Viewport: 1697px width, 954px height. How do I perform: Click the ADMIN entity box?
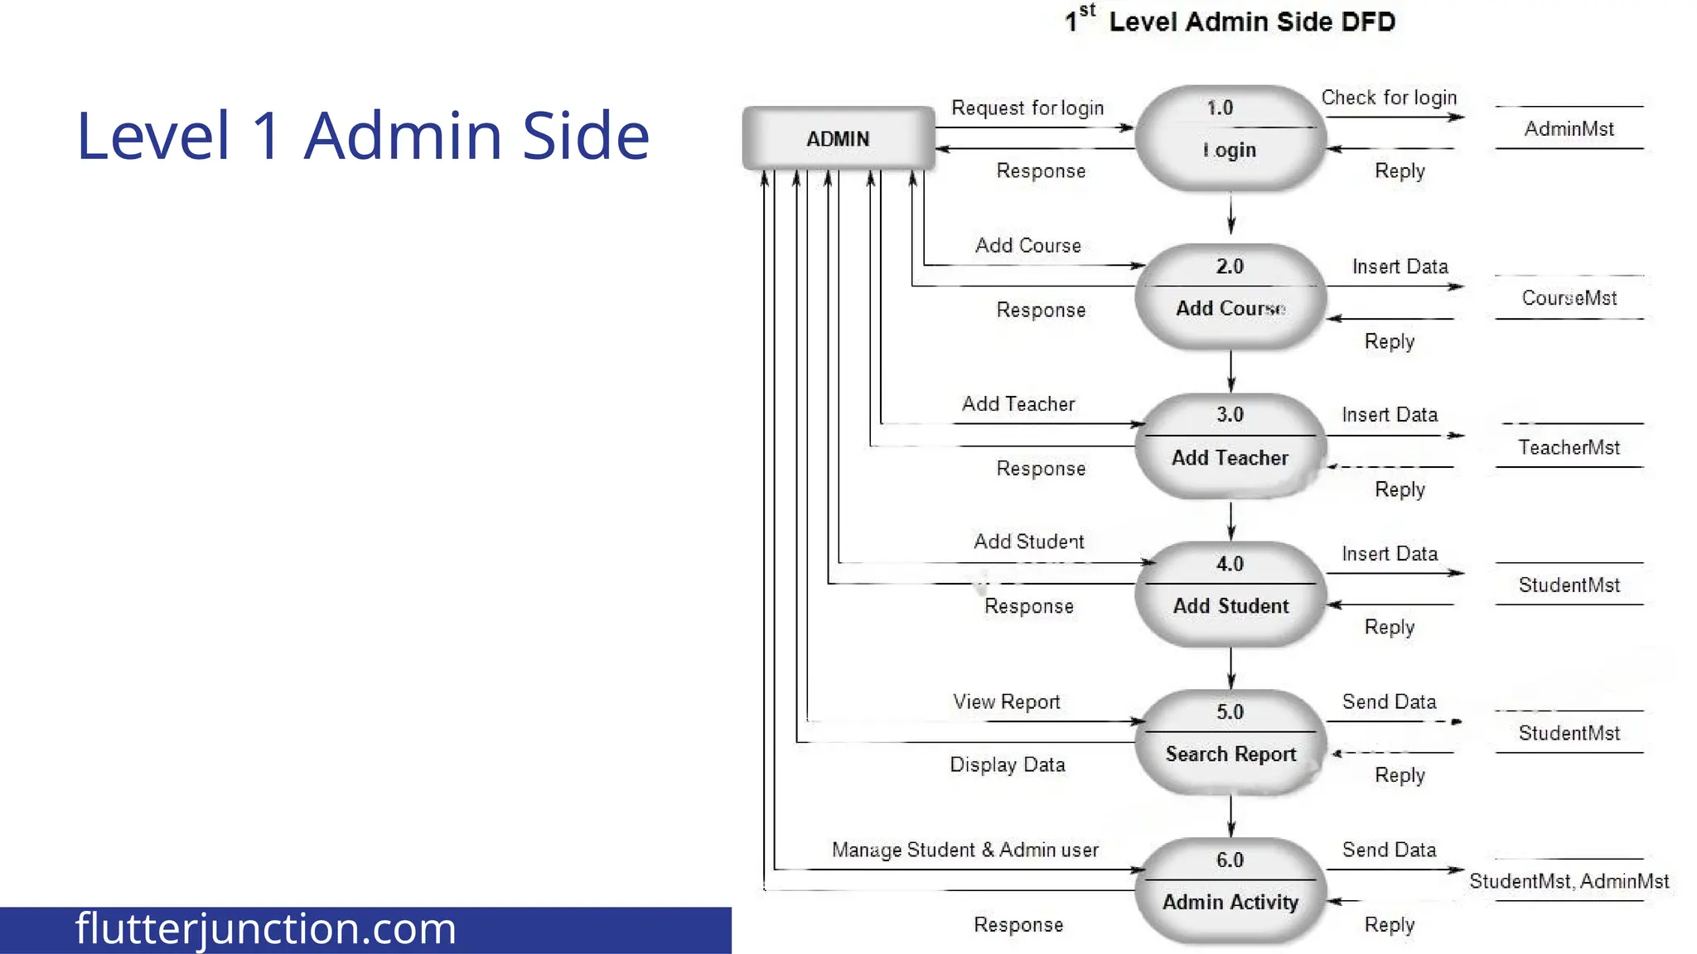click(x=838, y=138)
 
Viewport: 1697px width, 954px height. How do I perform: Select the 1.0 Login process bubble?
click(x=1230, y=138)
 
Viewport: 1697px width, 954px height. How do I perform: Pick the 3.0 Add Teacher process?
click(x=1230, y=446)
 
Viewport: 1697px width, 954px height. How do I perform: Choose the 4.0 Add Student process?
click(x=1230, y=594)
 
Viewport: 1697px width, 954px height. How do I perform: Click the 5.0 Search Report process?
click(x=1230, y=742)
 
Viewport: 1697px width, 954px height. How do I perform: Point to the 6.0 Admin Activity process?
click(x=1230, y=890)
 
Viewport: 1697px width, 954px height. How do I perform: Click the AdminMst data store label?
click(x=1569, y=129)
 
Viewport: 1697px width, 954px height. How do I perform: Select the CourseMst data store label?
click(x=1569, y=298)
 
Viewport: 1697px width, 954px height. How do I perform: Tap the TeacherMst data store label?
click(x=1569, y=448)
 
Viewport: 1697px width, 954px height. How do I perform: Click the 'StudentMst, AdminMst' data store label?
click(x=1569, y=881)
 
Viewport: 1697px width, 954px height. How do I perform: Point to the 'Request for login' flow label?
click(x=1027, y=108)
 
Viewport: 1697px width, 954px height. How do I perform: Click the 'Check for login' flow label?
click(x=1389, y=98)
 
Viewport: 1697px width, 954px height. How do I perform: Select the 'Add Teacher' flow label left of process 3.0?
click(x=1018, y=404)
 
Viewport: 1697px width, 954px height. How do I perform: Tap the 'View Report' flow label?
click(x=1006, y=702)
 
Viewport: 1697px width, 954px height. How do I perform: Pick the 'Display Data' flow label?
click(x=1007, y=764)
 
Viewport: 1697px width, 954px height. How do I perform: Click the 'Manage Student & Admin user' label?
click(x=965, y=850)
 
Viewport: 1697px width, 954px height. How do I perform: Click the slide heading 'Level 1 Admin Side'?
click(x=363, y=135)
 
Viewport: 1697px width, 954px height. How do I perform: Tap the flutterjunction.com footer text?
click(x=265, y=929)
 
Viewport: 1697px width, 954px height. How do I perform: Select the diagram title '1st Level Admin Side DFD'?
click(x=1230, y=22)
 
